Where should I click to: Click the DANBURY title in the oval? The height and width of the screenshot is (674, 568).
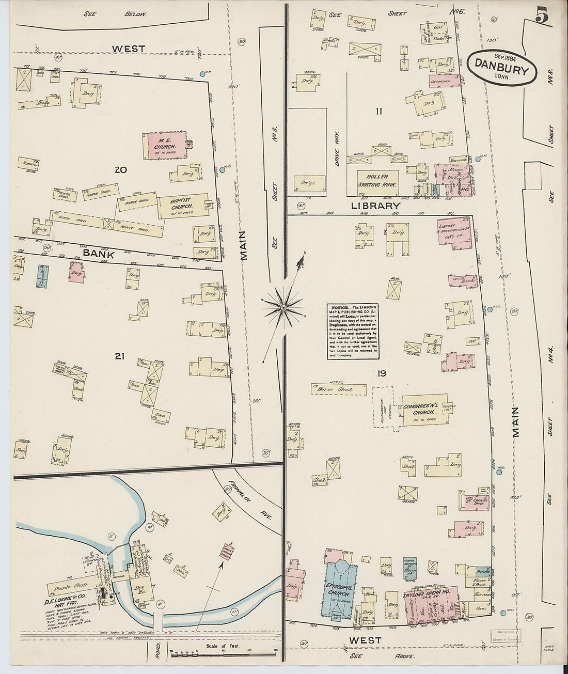pos(499,68)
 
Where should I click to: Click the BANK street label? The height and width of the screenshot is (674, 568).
pos(98,253)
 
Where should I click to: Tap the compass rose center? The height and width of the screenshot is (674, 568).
pos(283,308)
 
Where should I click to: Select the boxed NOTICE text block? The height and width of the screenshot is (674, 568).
pos(354,331)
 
